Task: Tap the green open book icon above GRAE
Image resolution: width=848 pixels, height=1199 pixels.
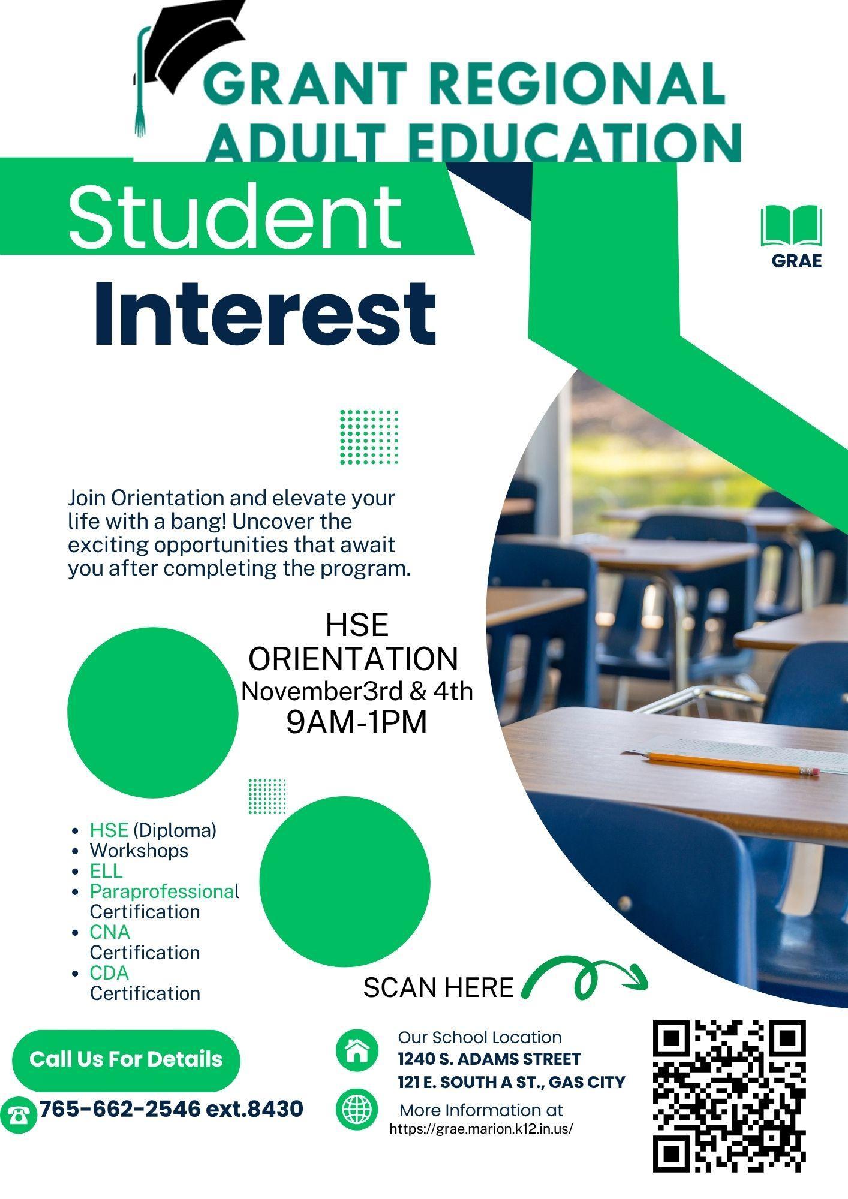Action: pos(791,226)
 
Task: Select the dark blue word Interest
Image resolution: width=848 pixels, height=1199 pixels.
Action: pos(264,314)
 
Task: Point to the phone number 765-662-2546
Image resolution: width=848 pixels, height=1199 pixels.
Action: pos(119,1108)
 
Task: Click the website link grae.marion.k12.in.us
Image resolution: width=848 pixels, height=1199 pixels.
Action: pos(481,1129)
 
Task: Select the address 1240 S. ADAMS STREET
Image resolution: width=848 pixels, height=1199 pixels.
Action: pos(489,1059)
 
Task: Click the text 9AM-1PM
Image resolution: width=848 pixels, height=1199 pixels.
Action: pos(357,722)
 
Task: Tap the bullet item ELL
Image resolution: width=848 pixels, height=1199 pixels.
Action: pos(106,870)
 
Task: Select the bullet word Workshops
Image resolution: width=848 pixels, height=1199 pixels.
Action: pos(139,851)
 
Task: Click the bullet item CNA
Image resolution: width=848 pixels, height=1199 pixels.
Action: pos(110,932)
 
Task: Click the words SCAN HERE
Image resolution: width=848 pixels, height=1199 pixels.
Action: pos(438,987)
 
